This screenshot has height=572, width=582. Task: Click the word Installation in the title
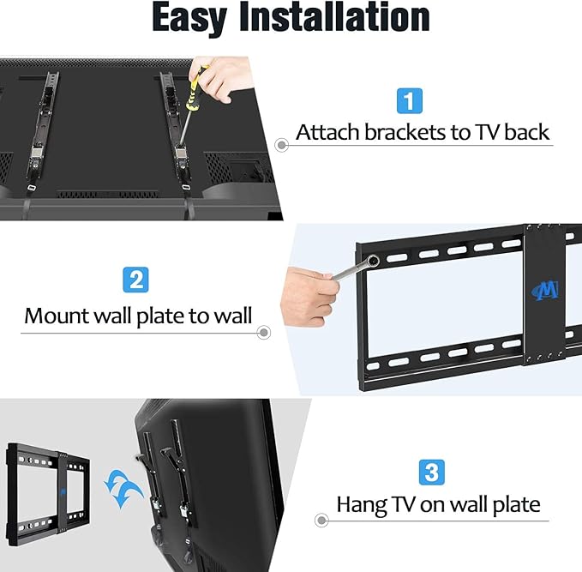pyautogui.click(x=335, y=16)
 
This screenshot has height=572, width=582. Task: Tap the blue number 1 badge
pyautogui.click(x=410, y=100)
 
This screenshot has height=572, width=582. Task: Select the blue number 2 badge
pyautogui.click(x=135, y=280)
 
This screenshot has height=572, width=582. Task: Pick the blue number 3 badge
pyautogui.click(x=432, y=473)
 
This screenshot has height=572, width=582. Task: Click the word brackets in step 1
pyautogui.click(x=405, y=132)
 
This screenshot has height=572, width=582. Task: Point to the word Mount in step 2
pyautogui.click(x=57, y=316)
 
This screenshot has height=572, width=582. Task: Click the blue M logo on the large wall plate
pyautogui.click(x=546, y=290)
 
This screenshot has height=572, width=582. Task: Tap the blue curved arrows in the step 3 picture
pyautogui.click(x=123, y=489)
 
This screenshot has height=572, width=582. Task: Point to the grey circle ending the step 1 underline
pyautogui.click(x=282, y=145)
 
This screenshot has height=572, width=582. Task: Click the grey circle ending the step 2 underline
pyautogui.click(x=263, y=333)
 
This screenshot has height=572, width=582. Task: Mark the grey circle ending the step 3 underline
pyautogui.click(x=321, y=520)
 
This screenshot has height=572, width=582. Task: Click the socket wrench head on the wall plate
pyautogui.click(x=372, y=260)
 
